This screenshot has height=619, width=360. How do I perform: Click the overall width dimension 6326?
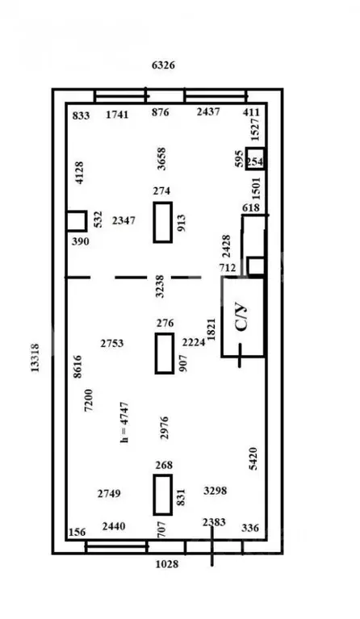click(x=163, y=65)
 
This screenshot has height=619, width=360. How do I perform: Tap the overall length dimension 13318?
click(x=35, y=358)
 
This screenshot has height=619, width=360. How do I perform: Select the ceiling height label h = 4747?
click(x=124, y=422)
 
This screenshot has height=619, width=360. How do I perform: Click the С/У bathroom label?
click(x=242, y=316)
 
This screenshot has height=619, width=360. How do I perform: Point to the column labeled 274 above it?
click(x=162, y=222)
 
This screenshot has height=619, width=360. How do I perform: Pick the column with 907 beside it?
click(x=165, y=353)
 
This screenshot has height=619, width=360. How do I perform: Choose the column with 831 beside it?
click(x=162, y=495)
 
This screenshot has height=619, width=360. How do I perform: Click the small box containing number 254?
click(x=254, y=159)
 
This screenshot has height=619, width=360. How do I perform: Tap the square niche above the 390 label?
click(x=77, y=221)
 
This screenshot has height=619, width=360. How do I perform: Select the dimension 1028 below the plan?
click(x=166, y=564)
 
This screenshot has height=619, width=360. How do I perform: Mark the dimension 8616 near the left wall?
click(x=77, y=366)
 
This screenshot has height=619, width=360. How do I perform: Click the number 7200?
click(x=89, y=400)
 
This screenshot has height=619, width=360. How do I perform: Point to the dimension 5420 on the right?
click(x=253, y=458)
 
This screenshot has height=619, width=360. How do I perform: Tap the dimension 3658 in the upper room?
click(x=161, y=159)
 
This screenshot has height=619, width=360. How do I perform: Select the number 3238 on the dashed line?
click(x=160, y=286)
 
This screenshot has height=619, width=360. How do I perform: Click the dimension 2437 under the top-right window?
click(x=208, y=111)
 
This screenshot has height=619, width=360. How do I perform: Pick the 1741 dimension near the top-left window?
click(x=117, y=115)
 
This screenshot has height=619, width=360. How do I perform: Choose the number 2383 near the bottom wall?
click(x=215, y=522)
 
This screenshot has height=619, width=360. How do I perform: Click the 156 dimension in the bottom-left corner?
click(x=77, y=532)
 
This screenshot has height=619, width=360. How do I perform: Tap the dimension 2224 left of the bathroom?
click(x=194, y=342)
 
